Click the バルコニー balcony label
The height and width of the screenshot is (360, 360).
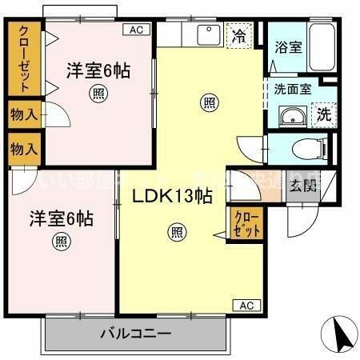[x=135, y=333]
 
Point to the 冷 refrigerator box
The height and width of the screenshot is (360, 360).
[x=238, y=35]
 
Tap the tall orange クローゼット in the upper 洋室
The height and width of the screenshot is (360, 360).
[x=25, y=59]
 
